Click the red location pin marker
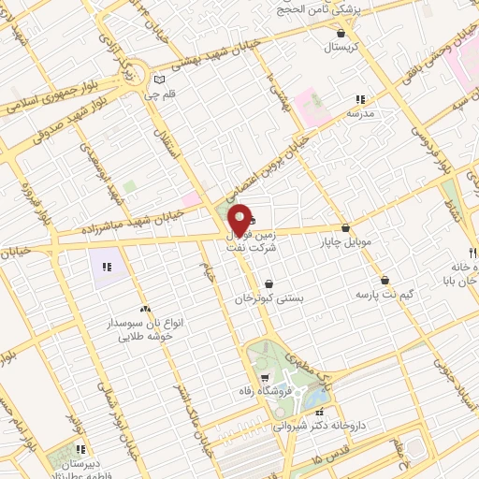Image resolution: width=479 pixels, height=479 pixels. tap(240, 219)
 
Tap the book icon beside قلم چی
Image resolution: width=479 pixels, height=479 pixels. tap(159, 80)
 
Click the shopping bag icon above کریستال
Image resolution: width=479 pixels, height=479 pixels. tap(340, 33)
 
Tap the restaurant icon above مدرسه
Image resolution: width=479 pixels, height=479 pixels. tap(359, 98)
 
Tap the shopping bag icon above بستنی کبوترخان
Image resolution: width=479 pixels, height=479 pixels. tap(269, 283)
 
